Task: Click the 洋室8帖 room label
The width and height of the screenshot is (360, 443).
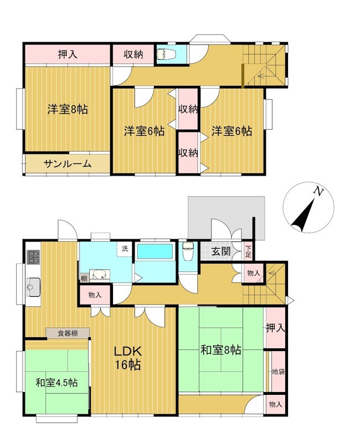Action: tap(68, 109)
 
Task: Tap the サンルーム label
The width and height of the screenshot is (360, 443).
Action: tap(68, 163)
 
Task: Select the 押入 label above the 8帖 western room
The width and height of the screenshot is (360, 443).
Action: tap(68, 54)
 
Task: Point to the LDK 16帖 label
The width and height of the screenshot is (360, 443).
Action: tap(128, 358)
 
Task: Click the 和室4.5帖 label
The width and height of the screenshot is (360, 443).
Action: tap(56, 383)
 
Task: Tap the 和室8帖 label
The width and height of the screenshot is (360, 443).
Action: tap(220, 350)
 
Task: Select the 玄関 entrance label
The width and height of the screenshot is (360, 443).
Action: tap(221, 251)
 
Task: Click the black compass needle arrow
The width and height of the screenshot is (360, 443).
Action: tap(303, 215)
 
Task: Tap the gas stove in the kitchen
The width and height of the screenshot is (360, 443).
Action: tap(33, 257)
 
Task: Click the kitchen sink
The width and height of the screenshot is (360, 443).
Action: tap(33, 287)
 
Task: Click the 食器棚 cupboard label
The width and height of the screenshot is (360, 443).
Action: tap(68, 333)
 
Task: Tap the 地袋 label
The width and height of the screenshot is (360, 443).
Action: tap(278, 372)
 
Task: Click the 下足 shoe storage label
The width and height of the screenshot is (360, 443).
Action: tap(248, 251)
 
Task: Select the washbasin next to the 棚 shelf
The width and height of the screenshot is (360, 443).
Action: tap(99, 275)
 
